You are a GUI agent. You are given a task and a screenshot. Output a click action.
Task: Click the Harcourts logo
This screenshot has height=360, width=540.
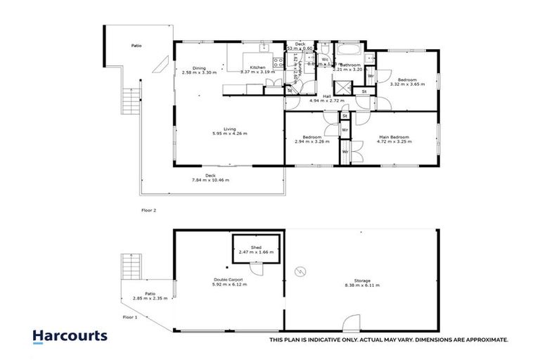pos(70,336)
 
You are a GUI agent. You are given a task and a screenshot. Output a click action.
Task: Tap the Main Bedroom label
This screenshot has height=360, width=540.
pos(395,136)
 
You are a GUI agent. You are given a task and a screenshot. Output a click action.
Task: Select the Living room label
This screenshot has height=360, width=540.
pos(230,129)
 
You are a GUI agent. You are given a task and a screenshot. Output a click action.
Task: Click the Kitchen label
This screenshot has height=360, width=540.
pos(257,67)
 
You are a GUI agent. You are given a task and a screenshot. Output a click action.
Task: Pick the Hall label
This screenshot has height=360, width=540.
pos(327,96)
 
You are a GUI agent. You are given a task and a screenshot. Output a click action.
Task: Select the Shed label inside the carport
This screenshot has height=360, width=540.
pos(255,247)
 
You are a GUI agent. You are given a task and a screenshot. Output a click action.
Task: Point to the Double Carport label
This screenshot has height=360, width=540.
pos(229,280)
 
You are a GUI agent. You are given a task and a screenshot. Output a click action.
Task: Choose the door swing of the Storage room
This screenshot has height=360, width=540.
pos(349,323)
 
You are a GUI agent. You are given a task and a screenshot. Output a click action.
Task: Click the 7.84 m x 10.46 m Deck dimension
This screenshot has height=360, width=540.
pos(210,180)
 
